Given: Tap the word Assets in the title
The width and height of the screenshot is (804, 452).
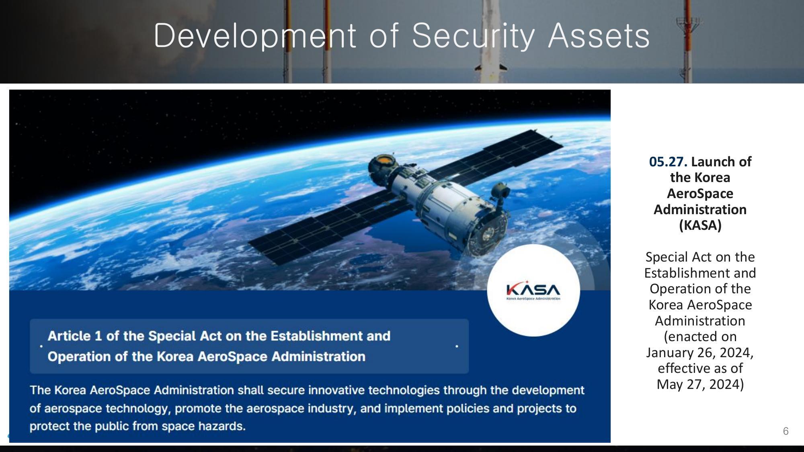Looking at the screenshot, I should pyautogui.click(x=599, y=36).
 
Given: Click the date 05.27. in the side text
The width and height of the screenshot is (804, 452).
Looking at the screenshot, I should pyautogui.click(x=668, y=162).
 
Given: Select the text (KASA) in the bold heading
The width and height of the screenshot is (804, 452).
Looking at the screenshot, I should pyautogui.click(x=700, y=225).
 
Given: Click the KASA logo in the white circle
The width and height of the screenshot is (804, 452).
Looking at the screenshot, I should pyautogui.click(x=533, y=290).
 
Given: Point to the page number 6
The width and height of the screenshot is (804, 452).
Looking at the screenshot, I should pyautogui.click(x=786, y=431).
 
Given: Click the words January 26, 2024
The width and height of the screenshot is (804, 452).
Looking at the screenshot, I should pyautogui.click(x=699, y=353).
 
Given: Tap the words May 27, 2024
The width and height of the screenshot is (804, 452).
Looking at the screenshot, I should pyautogui.click(x=700, y=385).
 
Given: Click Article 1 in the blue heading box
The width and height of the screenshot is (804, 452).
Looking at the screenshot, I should pyautogui.click(x=75, y=336).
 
